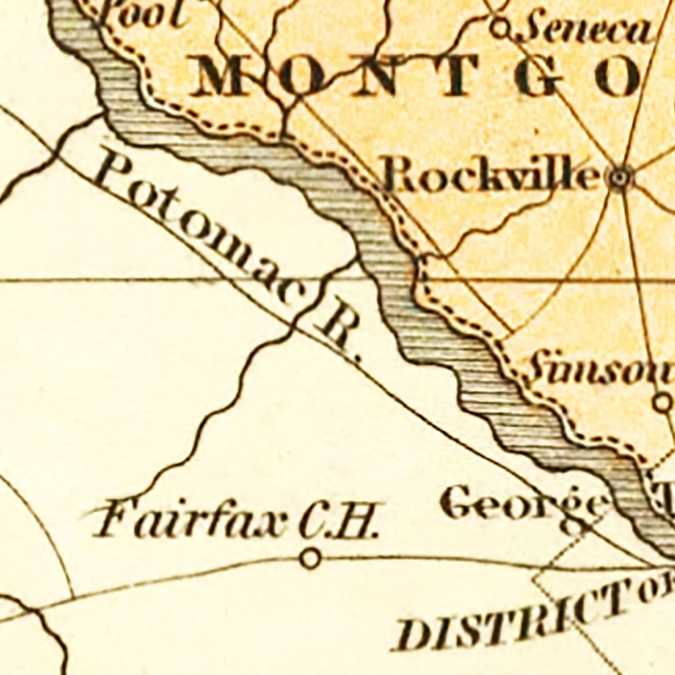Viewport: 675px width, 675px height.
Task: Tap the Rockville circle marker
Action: (x=620, y=178)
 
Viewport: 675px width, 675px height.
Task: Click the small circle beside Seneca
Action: (x=500, y=29)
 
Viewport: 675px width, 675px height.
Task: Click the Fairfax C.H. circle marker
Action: (x=311, y=558)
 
